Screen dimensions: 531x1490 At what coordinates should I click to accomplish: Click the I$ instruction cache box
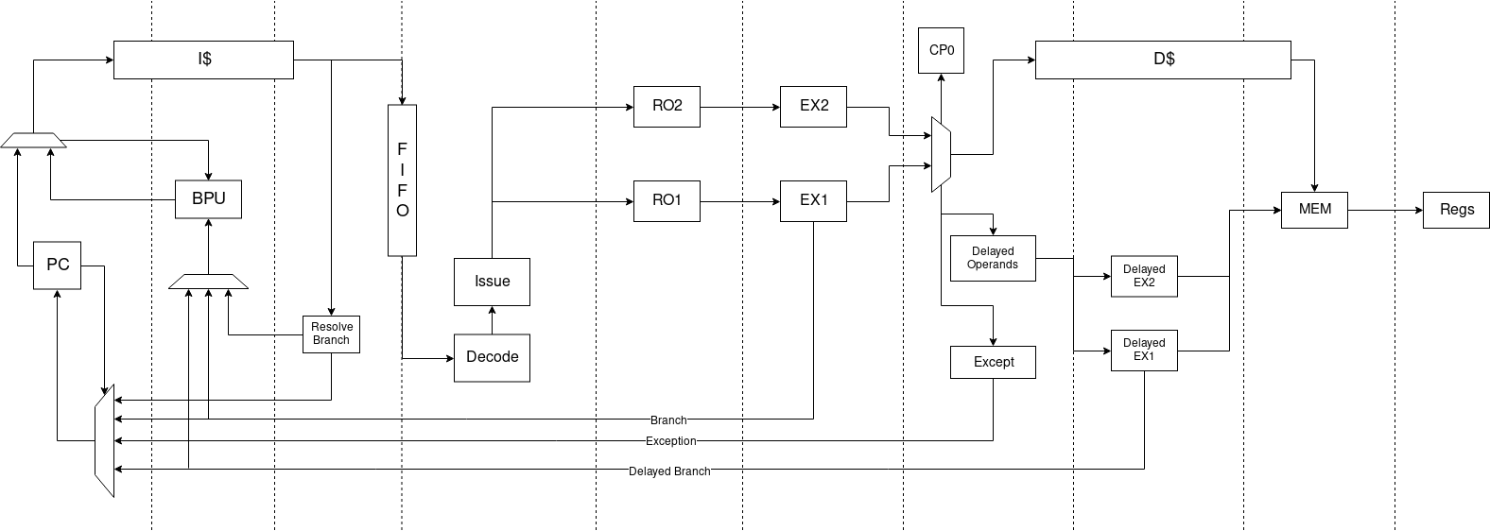coord(203,60)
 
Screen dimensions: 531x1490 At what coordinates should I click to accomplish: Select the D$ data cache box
coord(1163,60)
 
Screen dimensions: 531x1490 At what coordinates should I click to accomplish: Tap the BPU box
coord(208,199)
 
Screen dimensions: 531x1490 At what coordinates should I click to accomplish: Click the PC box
coord(58,265)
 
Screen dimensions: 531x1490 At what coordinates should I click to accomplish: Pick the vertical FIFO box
coord(402,180)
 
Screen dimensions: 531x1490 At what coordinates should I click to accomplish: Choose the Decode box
coord(492,357)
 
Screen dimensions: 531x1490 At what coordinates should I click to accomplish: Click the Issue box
coord(492,282)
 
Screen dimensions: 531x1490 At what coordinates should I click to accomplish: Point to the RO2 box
coord(667,106)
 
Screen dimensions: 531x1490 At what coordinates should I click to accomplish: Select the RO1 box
coord(667,200)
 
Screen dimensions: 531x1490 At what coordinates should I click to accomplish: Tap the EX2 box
coord(813,106)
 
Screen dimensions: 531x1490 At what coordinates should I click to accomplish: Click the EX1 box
coord(813,200)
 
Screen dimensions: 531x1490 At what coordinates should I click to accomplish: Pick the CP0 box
coord(941,50)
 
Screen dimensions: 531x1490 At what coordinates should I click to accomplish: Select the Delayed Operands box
coord(993,258)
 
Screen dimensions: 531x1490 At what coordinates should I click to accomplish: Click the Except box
coord(993,362)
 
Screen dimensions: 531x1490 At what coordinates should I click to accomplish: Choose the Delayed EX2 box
coord(1144,276)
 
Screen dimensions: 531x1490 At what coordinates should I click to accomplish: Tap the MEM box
coord(1314,210)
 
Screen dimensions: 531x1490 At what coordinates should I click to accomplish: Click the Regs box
coord(1456,210)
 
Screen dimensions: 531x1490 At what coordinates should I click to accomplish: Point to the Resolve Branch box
coord(331,334)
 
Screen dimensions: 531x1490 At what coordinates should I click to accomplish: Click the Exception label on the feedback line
coord(670,441)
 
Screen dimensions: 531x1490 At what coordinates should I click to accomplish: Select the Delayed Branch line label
coord(668,471)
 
